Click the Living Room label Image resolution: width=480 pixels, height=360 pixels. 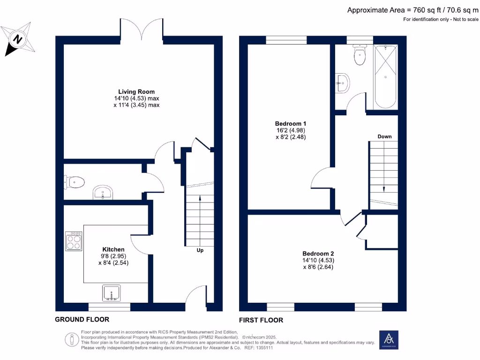tap(136, 92)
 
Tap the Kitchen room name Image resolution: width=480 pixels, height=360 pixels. tap(113, 249)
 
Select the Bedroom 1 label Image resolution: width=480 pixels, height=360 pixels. tap(291, 124)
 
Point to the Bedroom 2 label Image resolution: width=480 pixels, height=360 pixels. tap(318, 254)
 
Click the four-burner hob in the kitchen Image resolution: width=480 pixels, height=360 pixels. tap(74, 241)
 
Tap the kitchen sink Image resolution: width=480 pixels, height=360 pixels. tap(112, 293)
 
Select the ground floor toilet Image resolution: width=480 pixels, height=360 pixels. tap(74, 182)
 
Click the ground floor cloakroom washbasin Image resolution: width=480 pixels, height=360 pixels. tap(103, 193)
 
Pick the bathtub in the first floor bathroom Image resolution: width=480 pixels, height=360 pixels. tap(385, 77)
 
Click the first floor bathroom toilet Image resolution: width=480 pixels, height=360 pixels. tap(360, 55)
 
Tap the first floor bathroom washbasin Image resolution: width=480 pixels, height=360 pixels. tap(342, 82)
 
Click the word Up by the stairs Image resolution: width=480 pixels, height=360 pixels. tap(200, 250)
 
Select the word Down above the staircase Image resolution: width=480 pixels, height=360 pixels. tap(384, 136)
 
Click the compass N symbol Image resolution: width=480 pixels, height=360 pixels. tap(18, 39)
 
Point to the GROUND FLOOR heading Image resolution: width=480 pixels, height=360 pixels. tap(82, 320)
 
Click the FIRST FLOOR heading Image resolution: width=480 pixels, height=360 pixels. tap(261, 320)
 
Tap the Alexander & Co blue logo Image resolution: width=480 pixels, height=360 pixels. tap(389, 340)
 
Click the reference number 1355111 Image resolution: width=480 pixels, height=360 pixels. tap(264, 348)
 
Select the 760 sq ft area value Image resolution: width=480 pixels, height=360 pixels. tap(427, 10)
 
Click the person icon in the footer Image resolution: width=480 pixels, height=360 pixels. tap(72, 340)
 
